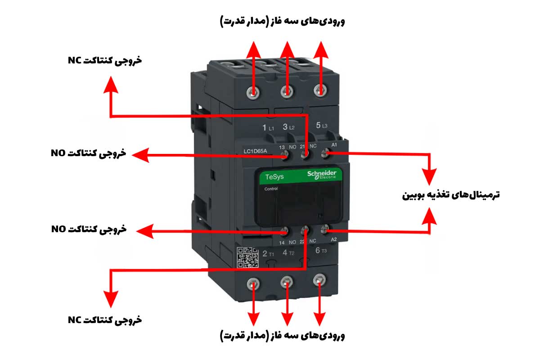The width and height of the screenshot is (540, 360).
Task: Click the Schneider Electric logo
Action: coord(322,175)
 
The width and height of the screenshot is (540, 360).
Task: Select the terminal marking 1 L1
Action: coord(268,128)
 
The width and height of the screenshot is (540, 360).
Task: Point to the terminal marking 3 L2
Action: coord(288,127)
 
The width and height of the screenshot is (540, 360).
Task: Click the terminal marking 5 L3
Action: coord(321,126)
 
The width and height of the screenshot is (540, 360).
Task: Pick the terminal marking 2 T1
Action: coord(268,254)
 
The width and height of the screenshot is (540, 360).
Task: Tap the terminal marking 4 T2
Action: coord(288,253)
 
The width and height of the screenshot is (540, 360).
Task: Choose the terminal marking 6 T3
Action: coord(321,251)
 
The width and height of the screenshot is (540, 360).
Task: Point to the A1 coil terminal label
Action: coord(334,144)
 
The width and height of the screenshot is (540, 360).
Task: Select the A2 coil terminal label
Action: coord(334,239)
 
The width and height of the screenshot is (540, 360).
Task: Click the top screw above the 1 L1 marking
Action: coord(254,93)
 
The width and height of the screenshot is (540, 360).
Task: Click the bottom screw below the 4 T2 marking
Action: coord(286,283)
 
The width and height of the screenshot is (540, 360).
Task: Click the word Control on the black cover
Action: coord(271,189)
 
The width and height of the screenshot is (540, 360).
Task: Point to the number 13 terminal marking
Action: coord(282,147)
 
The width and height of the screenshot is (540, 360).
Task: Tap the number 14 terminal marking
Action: coord(282,243)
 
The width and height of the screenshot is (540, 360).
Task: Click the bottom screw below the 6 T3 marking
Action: coord(319,280)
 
